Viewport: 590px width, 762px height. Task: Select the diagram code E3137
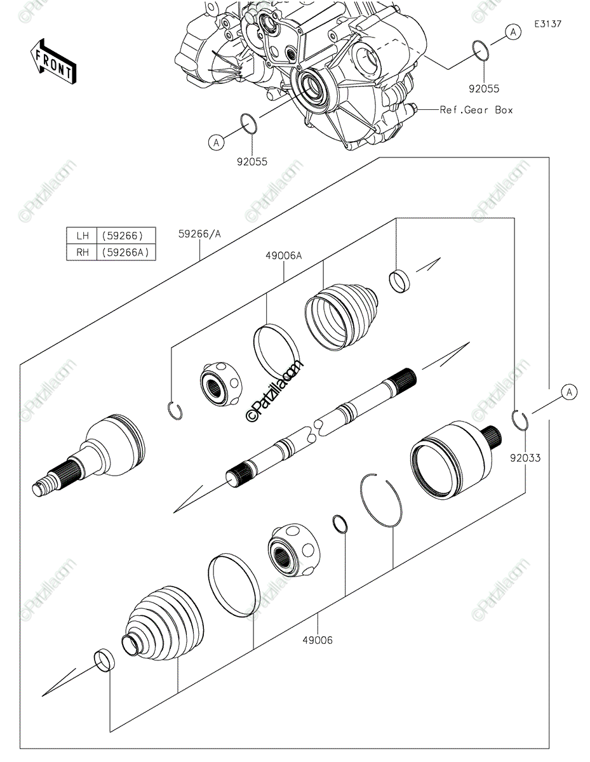coord(547,24)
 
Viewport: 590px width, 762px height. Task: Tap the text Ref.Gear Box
coord(476,110)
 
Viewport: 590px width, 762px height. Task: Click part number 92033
coord(524,457)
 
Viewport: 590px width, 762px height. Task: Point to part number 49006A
coord(283,256)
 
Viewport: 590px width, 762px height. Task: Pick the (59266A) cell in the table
coord(124,252)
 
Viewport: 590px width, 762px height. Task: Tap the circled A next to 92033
coord(570,393)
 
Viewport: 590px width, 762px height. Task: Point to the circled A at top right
coord(513,31)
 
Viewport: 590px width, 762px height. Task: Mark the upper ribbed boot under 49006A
coord(341,314)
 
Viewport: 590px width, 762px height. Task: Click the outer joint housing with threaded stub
coord(95,454)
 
